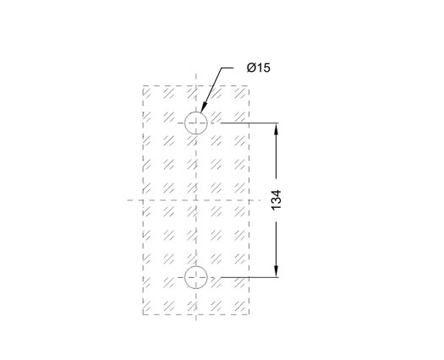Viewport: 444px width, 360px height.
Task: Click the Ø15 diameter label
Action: (259, 68)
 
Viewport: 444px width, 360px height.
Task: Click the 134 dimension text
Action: (277, 200)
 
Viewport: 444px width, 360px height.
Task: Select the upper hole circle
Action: (196, 112)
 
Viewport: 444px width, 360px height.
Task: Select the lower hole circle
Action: (196, 266)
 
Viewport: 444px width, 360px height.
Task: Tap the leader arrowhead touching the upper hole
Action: (203, 108)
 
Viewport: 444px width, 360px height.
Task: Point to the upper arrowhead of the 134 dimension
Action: (277, 129)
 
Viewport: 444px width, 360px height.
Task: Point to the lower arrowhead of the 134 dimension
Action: (277, 271)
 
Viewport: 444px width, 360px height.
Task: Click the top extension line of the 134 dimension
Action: (249, 123)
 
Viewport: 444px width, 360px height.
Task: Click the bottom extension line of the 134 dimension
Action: (249, 277)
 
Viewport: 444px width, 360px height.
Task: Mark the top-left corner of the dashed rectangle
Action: (143, 85)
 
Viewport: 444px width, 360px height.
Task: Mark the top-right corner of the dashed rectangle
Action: (249, 85)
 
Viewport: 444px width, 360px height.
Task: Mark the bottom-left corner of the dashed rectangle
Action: (143, 314)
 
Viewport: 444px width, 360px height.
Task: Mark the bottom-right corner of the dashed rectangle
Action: (249, 314)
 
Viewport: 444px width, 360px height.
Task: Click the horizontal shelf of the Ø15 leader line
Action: (227, 68)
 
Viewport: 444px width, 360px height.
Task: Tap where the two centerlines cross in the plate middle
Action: (196, 200)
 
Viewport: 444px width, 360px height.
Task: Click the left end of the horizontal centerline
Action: (127, 200)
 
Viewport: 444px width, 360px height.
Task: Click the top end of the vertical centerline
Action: (196, 74)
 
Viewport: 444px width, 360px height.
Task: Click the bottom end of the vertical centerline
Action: (196, 320)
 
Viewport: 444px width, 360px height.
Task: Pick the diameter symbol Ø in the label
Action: (251, 68)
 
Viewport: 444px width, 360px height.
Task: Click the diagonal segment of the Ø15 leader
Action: (211, 90)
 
